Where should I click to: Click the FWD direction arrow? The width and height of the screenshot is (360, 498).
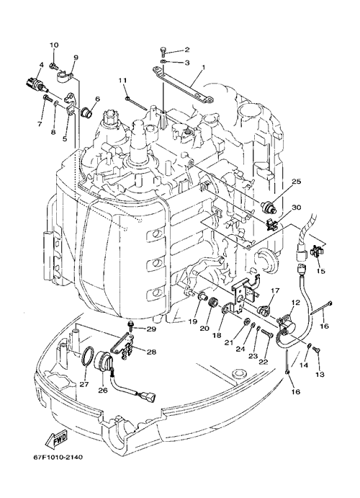tap(56, 440)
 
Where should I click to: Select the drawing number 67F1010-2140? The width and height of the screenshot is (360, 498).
tap(58, 458)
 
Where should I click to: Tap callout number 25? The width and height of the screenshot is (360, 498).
tap(296, 182)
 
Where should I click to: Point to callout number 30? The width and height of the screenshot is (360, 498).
tap(296, 208)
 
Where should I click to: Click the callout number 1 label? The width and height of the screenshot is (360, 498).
tap(203, 67)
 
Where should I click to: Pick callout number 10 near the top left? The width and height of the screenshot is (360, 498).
tap(54, 45)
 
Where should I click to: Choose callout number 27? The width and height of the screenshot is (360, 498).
tap(84, 384)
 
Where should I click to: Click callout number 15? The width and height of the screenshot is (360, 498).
tap(320, 271)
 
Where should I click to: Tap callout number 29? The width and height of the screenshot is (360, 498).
tap(151, 329)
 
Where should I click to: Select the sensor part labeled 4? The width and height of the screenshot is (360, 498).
tap(35, 84)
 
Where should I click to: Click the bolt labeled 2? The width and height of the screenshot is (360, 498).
tap(163, 51)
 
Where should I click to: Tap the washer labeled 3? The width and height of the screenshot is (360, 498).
tap(163, 61)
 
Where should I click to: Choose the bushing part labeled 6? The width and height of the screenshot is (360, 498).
tap(86, 112)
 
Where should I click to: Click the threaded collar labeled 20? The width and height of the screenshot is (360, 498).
tap(212, 301)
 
